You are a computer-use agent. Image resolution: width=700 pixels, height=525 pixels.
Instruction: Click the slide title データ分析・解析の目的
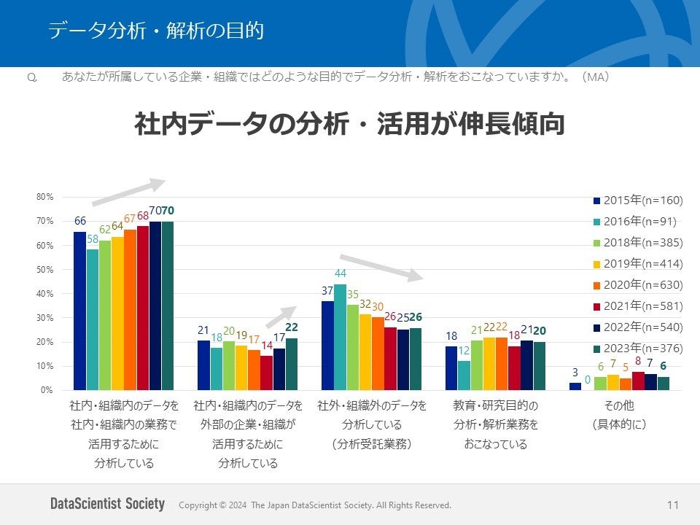tap(155, 31)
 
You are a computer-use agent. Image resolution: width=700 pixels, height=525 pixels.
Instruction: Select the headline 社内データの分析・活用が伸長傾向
tap(350, 125)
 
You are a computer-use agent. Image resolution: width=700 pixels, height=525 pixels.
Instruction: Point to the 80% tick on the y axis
tap(44, 197)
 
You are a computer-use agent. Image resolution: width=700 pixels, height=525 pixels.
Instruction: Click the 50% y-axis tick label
tap(44, 270)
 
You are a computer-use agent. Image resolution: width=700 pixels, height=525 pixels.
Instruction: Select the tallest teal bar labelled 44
tap(341, 337)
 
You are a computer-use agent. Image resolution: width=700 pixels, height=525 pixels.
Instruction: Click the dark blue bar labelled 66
tap(79, 311)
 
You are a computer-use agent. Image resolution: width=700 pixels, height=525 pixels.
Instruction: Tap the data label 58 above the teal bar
tap(92, 238)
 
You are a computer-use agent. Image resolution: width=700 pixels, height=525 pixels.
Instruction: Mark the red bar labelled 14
tap(266, 373)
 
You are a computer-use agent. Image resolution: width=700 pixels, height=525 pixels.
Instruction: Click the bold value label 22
tap(292, 328)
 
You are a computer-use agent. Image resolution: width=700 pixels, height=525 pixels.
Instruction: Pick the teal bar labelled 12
tap(464, 375)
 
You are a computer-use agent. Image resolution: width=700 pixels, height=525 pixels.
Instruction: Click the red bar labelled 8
tap(638, 381)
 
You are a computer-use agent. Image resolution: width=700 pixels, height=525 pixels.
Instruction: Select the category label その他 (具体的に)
tap(620, 414)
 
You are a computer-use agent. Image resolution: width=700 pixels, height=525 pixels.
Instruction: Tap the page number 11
tap(672, 505)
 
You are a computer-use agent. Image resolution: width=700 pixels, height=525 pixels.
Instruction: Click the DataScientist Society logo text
tap(107, 504)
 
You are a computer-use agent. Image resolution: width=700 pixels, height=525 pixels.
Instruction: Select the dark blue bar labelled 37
tap(327, 346)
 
